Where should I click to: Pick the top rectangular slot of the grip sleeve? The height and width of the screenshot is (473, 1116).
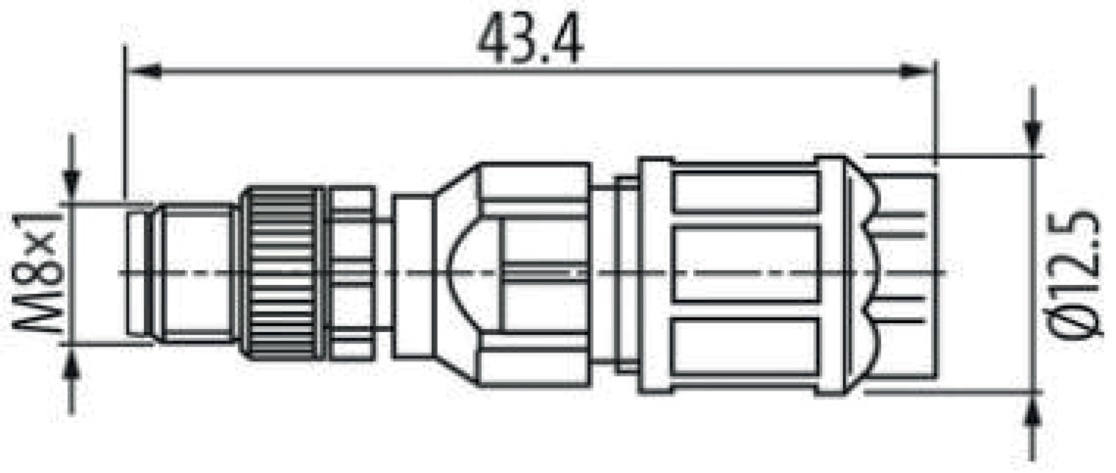[x=746, y=192]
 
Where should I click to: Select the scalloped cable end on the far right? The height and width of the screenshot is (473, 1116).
[x=896, y=272]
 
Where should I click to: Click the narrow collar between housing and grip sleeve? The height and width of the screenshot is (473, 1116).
[x=617, y=274]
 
